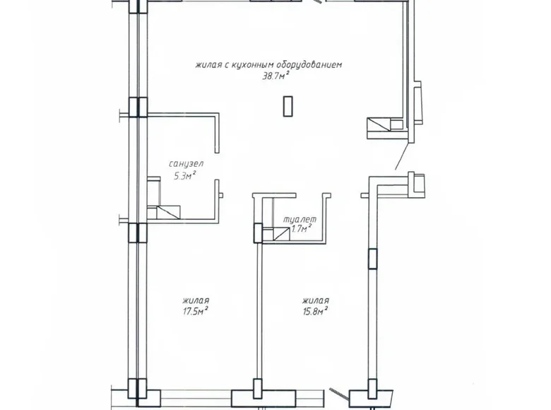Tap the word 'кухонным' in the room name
(x=251, y=65)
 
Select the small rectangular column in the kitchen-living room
(x=287, y=106)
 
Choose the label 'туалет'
(x=300, y=219)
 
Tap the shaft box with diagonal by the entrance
(x=378, y=127)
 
